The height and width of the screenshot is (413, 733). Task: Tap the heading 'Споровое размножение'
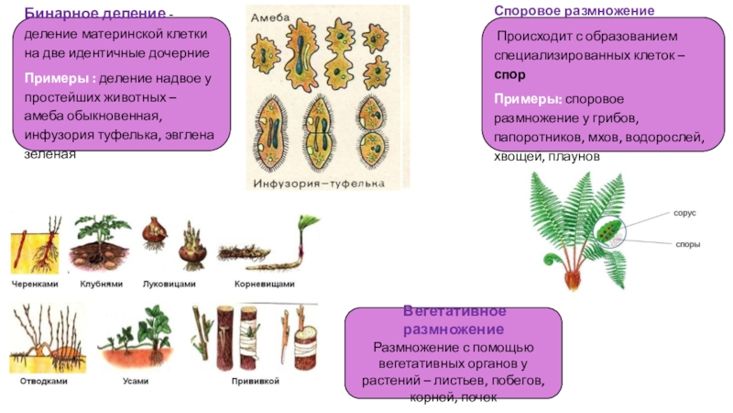click(x=574, y=10)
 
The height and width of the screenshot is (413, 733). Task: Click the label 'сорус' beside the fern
click(x=685, y=212)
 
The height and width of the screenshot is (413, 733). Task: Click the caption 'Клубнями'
click(x=101, y=285)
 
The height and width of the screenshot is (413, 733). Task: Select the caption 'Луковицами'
click(x=170, y=285)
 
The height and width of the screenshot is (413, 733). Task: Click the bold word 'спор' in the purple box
click(x=509, y=77)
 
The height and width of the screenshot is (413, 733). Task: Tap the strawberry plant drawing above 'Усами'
click(x=135, y=335)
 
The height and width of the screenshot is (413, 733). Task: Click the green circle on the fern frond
click(x=604, y=234)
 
